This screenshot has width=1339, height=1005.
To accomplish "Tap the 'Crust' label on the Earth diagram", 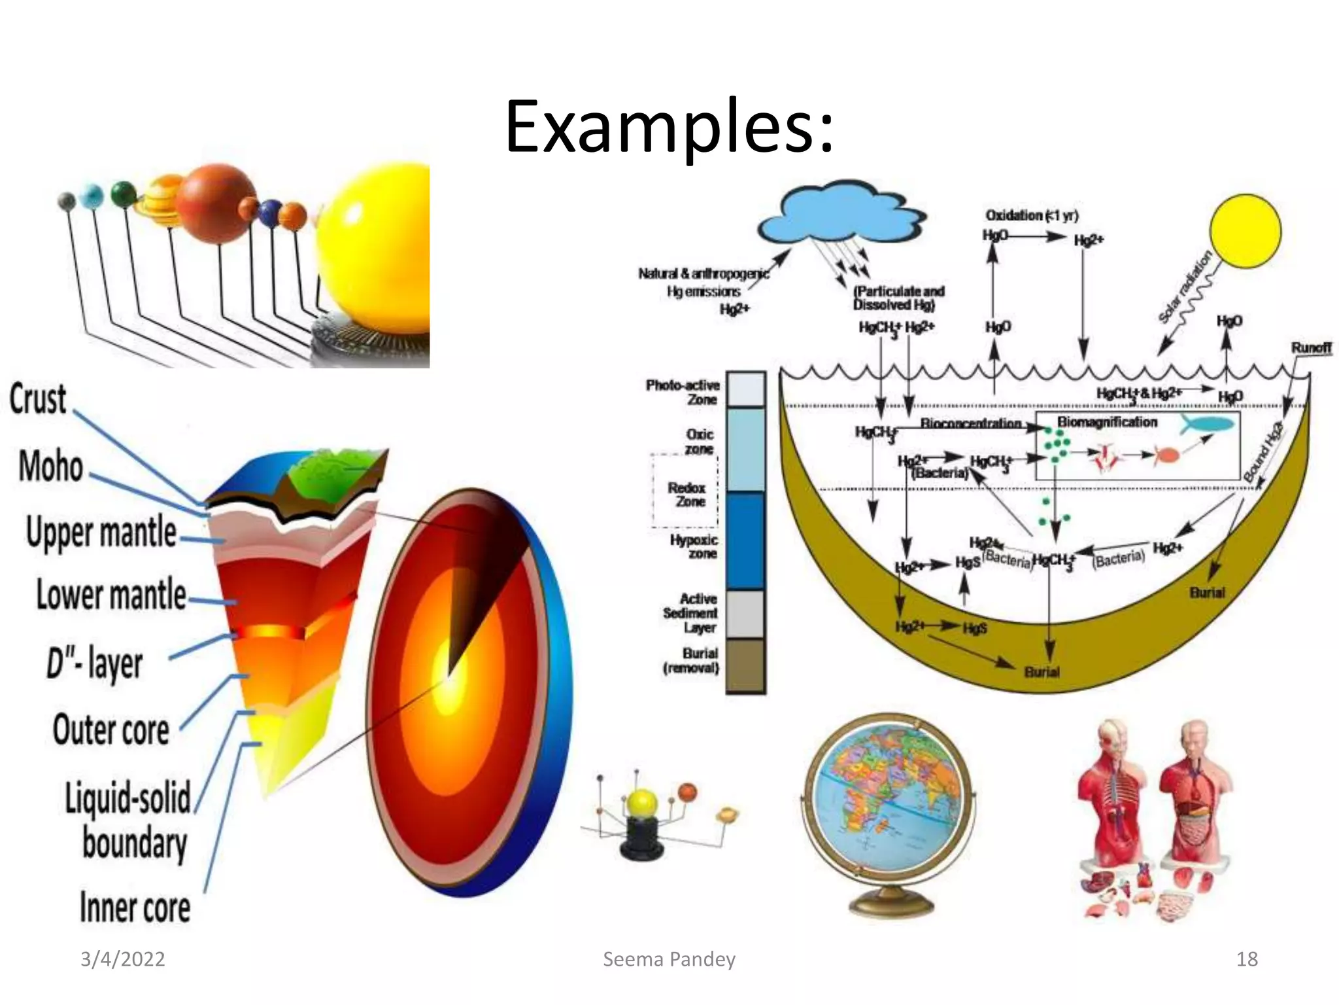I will tap(38, 399).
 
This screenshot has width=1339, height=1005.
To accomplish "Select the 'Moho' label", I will tap(51, 467).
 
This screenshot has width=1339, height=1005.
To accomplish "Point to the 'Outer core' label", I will tap(111, 730).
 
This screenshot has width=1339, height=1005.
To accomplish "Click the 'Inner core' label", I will tap(135, 908).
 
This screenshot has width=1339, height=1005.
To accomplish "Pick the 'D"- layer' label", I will tap(94, 663).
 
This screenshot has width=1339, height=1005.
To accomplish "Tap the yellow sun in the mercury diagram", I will tap(1245, 231).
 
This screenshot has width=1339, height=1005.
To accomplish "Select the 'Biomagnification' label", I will tap(1107, 422).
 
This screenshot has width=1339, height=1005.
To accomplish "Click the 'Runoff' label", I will tap(1311, 347).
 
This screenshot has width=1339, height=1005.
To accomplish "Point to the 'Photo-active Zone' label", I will tap(684, 392).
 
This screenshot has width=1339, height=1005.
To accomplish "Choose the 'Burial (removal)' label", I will tap(692, 661).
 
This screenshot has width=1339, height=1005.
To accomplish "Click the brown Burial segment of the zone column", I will tap(745, 665).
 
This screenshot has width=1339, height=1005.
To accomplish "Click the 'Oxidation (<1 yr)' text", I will tap(1032, 215).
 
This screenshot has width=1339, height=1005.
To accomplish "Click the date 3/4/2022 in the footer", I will tap(122, 959).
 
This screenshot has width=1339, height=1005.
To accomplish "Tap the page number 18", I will tap(1247, 959).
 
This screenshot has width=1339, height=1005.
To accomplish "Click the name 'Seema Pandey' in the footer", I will tap(669, 959).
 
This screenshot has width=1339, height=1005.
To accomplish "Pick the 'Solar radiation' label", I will tap(1185, 287).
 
